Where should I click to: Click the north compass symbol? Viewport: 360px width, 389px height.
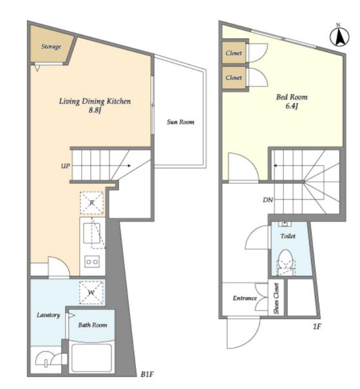(x=339, y=36)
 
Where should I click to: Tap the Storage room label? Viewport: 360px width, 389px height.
(x=51, y=46)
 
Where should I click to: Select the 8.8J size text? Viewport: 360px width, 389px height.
(x=95, y=110)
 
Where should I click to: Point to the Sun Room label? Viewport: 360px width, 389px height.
(x=180, y=122)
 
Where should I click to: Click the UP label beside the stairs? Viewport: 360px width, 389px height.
(x=66, y=166)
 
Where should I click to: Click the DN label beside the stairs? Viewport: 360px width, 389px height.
(x=268, y=200)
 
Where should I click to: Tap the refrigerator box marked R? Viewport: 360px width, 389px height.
(x=91, y=203)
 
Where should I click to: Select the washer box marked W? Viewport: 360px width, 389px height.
(x=91, y=292)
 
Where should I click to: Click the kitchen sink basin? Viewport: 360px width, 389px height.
(x=92, y=233)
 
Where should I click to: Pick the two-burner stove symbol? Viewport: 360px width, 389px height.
(x=92, y=261)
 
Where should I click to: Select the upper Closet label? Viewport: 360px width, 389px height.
(x=234, y=53)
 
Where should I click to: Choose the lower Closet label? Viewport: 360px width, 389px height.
(x=234, y=78)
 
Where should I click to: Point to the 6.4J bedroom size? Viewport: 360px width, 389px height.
(x=292, y=106)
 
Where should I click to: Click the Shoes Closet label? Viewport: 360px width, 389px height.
(x=277, y=298)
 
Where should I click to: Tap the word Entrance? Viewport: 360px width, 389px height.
(x=245, y=298)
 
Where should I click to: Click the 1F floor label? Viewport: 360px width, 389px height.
(x=317, y=327)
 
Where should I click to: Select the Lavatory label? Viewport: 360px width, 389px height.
(x=48, y=315)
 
